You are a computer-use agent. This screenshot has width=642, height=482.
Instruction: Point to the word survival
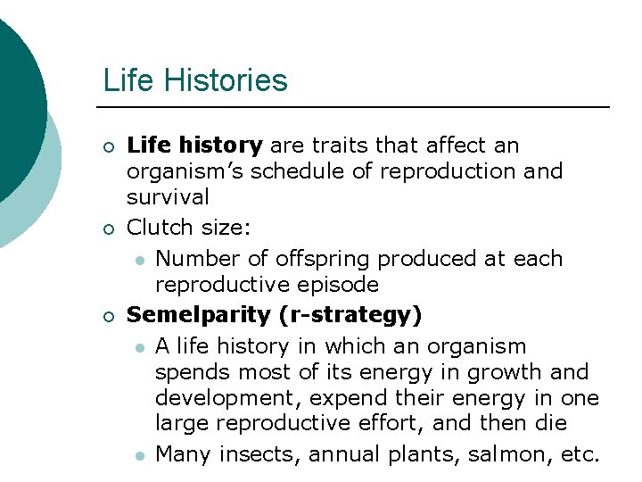coord(169,196)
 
